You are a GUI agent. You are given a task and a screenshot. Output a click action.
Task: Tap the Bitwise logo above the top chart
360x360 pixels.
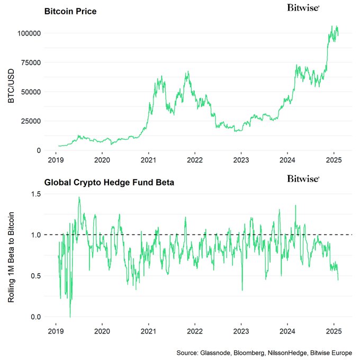coord(303,7)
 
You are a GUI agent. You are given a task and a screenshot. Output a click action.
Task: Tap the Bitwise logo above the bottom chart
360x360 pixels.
coord(303,179)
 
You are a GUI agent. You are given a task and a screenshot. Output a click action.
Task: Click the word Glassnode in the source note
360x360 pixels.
coord(218,352)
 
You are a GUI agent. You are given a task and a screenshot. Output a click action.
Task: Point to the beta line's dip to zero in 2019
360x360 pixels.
coord(70,316)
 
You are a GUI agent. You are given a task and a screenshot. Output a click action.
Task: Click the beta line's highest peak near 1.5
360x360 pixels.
coord(79,197)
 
